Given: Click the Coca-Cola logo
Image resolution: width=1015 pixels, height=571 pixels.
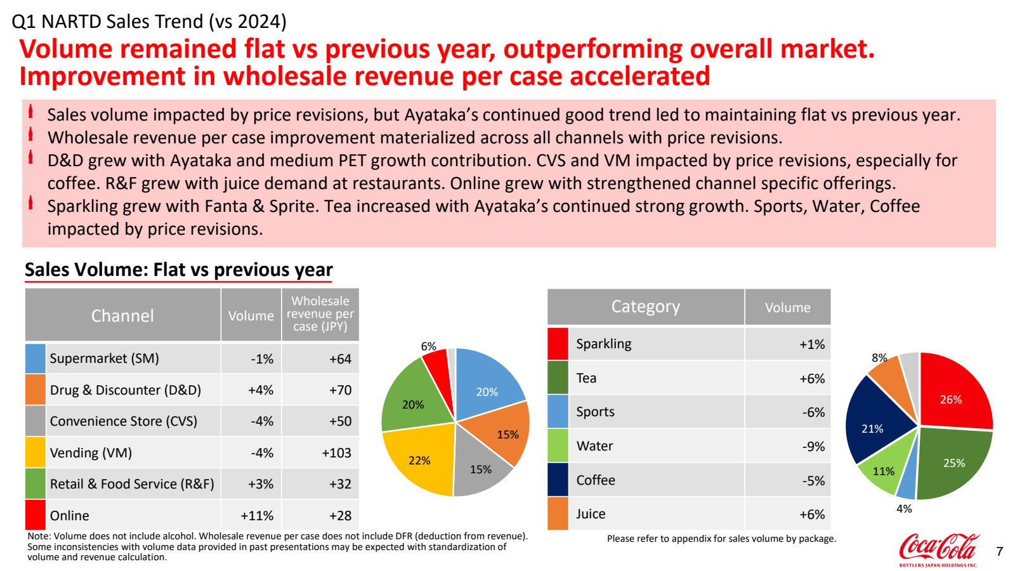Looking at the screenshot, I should [x=939, y=548].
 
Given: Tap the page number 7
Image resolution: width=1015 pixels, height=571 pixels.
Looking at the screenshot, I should [x=1000, y=551].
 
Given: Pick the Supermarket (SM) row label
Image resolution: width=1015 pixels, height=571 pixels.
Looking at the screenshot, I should [x=105, y=358].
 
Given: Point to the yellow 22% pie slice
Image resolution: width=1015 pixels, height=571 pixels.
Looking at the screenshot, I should [x=419, y=460].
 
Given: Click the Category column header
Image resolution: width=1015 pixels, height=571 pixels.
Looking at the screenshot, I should [x=645, y=307].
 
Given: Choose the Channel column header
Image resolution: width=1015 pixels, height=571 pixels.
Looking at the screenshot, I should [x=122, y=315].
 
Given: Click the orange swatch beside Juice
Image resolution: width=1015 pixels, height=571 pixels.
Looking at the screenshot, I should [x=558, y=514].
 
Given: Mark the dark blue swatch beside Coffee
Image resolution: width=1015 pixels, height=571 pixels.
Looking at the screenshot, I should [x=558, y=480].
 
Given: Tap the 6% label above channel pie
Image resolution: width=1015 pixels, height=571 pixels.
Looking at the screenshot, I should [x=428, y=346].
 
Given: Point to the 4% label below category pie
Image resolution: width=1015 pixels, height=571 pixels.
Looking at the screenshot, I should [x=904, y=509].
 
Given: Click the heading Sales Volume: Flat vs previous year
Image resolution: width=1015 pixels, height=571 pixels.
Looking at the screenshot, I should [x=179, y=270].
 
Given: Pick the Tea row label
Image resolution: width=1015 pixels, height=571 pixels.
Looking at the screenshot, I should [x=586, y=378].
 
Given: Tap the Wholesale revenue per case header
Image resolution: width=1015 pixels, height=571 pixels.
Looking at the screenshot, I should [x=320, y=314].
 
